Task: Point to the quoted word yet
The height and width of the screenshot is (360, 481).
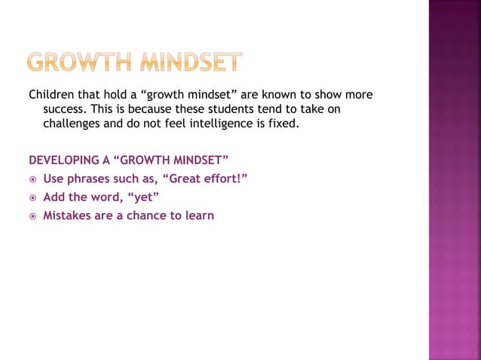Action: coord(146,197)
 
